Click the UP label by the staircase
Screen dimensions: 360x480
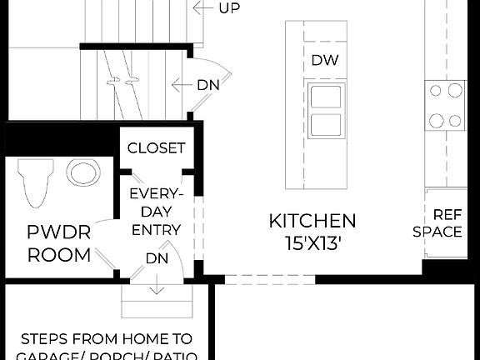[x=228, y=8]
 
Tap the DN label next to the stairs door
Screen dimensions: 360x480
[x=207, y=84]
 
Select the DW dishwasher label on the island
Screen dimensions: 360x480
[x=324, y=60]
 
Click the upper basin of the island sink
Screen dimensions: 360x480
[x=324, y=96]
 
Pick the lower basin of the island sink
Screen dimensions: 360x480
[x=324, y=125]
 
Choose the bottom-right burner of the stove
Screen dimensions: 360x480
[x=455, y=120]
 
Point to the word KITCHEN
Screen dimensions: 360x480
[x=312, y=221]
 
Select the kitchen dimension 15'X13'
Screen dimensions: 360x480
[x=312, y=244]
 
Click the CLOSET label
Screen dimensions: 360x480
[x=156, y=148]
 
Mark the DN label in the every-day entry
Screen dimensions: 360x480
[x=157, y=258]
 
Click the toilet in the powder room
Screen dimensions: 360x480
[x=36, y=182]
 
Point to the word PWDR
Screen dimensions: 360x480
[x=58, y=232]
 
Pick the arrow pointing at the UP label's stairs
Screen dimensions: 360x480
[x=200, y=8]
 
